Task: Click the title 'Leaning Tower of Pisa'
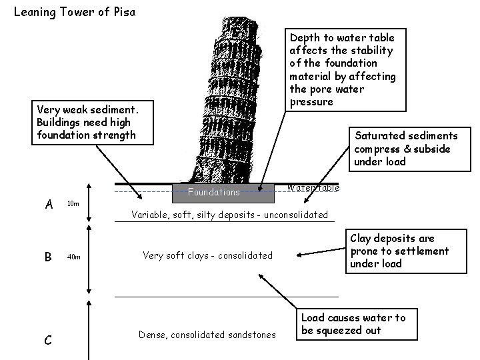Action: [74, 11]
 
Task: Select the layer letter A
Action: [49, 204]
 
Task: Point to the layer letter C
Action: [48, 340]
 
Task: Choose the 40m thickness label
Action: [73, 256]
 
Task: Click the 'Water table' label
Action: [313, 188]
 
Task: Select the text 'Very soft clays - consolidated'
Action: [207, 255]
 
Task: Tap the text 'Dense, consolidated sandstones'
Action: [207, 335]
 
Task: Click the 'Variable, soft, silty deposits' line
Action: [229, 215]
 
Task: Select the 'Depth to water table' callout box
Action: [342, 69]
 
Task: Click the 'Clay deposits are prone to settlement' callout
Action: [399, 251]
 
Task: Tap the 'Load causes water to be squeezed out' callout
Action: [353, 324]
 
